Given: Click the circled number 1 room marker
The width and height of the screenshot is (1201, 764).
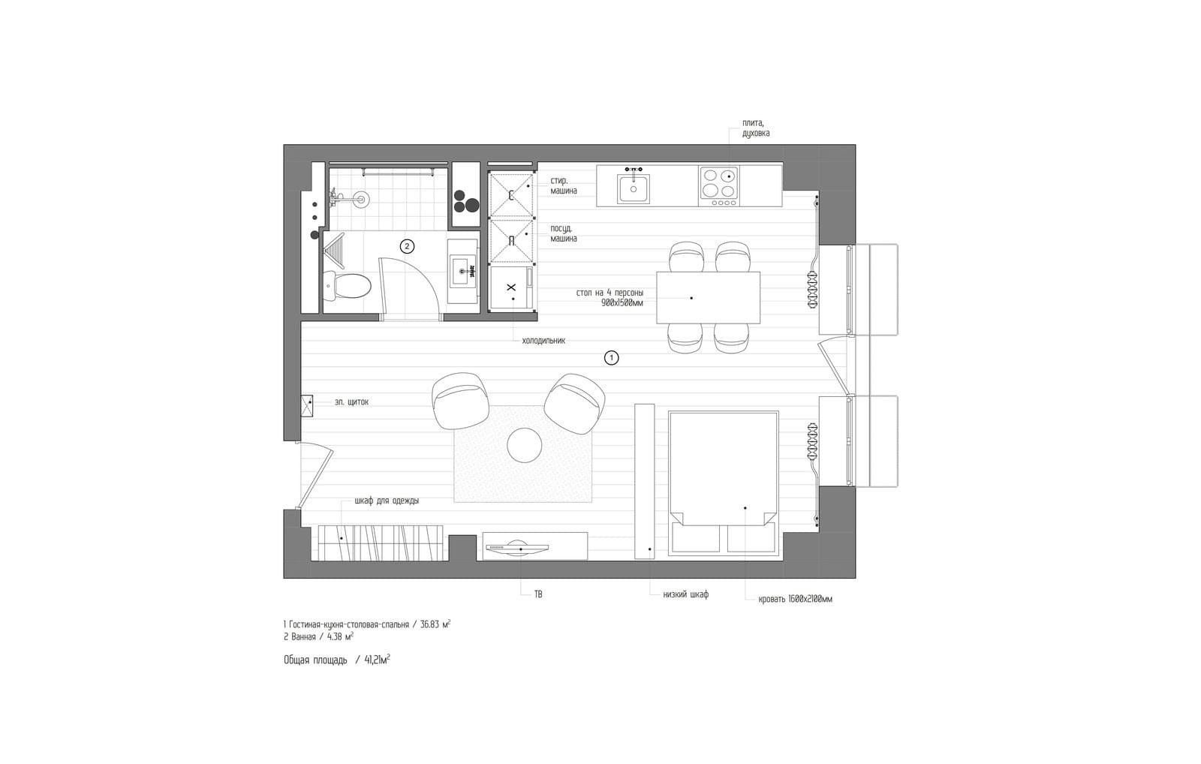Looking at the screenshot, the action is point(611,357).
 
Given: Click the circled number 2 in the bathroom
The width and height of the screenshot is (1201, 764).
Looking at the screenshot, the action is point(407,247).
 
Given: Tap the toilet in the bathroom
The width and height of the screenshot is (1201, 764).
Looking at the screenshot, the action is point(347,285).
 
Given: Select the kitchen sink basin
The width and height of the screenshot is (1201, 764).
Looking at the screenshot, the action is point(634,189).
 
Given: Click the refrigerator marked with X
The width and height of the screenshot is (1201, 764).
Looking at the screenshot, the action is point(512,288).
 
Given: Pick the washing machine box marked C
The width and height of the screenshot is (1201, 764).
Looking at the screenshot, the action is point(512,195).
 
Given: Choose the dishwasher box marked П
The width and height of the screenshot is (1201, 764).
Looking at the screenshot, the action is point(512,242).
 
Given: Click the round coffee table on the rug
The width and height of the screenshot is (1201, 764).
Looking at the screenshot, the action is point(525,445).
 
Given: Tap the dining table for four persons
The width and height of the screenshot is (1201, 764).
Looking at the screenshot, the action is point(709,297).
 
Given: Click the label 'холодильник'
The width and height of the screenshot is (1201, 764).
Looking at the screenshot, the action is point(543,341).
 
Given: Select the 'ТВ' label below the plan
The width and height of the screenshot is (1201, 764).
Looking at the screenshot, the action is point(538,594).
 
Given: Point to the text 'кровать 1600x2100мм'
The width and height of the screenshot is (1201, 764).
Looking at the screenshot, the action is point(796,600).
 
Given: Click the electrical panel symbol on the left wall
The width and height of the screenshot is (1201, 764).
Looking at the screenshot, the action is point(307,405).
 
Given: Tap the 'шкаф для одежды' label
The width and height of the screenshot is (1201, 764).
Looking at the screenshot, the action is point(387,501).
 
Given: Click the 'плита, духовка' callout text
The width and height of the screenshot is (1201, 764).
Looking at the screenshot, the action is point(755,128).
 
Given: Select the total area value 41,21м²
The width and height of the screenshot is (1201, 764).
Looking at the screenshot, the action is point(377,660).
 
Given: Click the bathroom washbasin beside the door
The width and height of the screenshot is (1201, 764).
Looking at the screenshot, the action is point(463,271).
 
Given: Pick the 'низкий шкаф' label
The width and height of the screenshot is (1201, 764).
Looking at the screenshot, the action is point(686,594).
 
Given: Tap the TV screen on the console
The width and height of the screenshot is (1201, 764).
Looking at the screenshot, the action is point(518,546).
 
